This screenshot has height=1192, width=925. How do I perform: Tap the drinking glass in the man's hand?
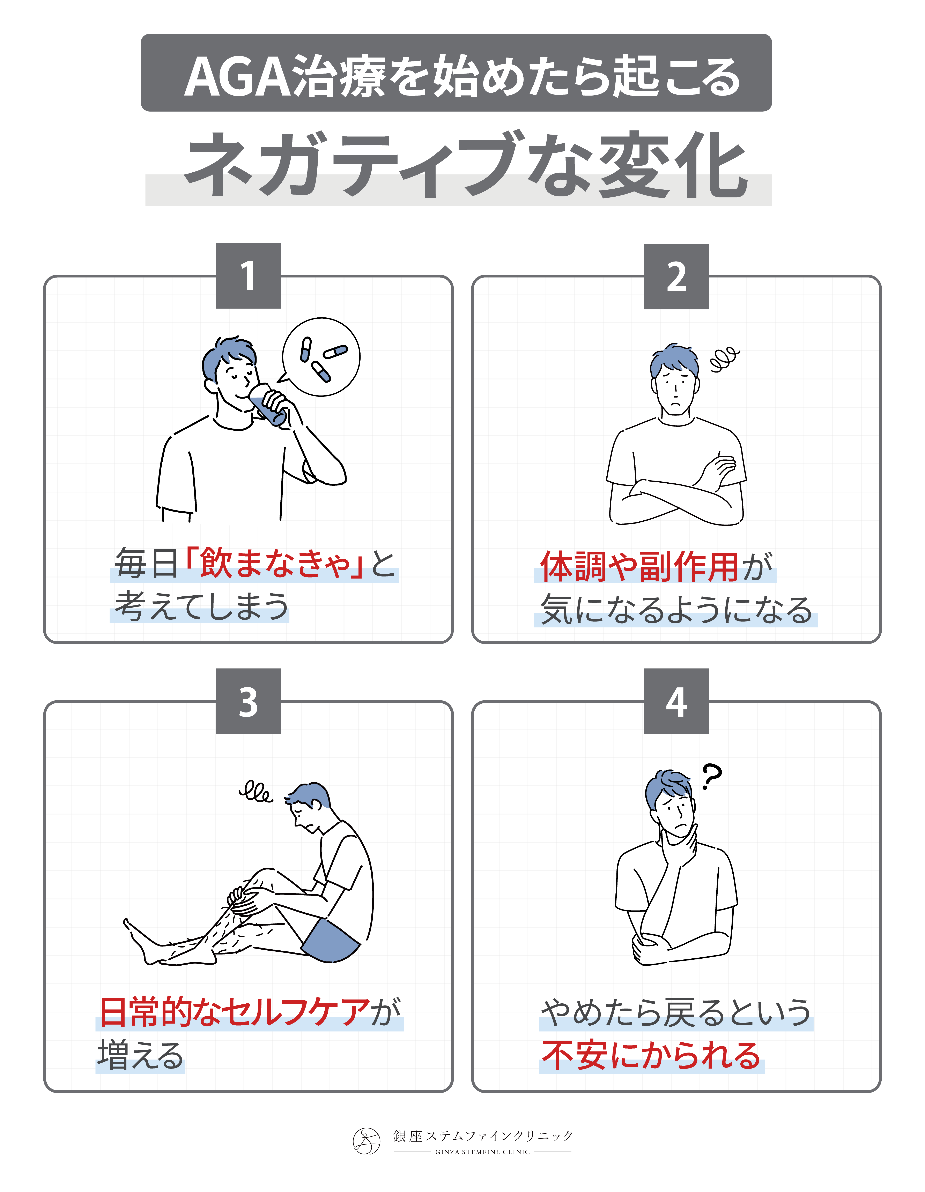268,404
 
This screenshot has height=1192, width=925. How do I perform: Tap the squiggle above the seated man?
256,792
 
